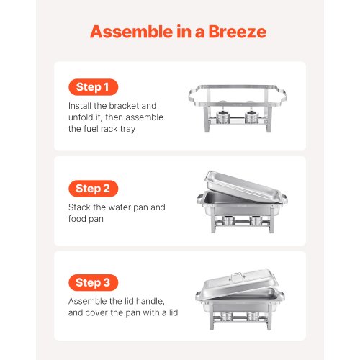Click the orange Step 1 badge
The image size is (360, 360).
coord(93,87)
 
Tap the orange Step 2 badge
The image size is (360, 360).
coord(93,189)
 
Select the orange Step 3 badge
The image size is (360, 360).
coord(94,283)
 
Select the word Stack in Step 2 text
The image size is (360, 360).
coord(81,207)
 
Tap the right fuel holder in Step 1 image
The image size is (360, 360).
coord(253,118)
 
